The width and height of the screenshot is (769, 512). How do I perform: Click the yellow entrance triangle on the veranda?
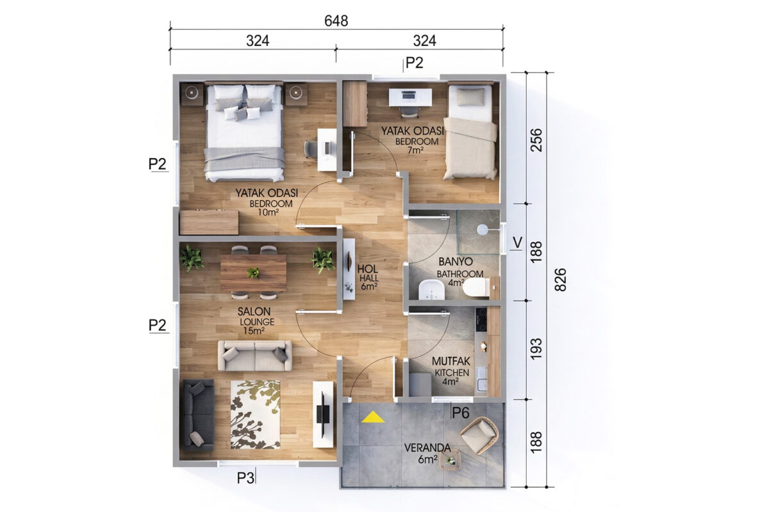pyautogui.click(x=373, y=417)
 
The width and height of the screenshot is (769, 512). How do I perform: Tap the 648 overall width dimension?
pyautogui.click(x=336, y=21)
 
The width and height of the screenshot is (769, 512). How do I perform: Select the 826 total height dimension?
pyautogui.click(x=560, y=280)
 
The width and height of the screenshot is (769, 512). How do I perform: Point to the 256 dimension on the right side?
pyautogui.click(x=536, y=140)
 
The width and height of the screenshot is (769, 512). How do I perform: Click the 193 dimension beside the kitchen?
pyautogui.click(x=536, y=349)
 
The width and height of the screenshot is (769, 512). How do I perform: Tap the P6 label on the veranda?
pyautogui.click(x=460, y=413)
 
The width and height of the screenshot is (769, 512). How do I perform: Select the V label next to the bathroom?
pyautogui.click(x=517, y=243)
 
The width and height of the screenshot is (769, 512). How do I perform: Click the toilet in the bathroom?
pyautogui.click(x=475, y=287)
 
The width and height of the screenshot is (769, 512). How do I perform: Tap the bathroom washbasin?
pyautogui.click(x=431, y=290)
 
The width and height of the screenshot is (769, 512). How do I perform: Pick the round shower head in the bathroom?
pyautogui.click(x=483, y=229)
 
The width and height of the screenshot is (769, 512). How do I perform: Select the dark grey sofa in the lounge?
pyautogui.click(x=199, y=415)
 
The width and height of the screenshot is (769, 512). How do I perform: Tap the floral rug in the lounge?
pyautogui.click(x=256, y=415)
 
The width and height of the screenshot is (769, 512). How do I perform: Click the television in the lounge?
pyautogui.click(x=323, y=415)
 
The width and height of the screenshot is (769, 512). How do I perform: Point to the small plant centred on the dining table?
pyautogui.click(x=253, y=273)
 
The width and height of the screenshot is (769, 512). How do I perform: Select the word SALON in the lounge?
pyautogui.click(x=254, y=312)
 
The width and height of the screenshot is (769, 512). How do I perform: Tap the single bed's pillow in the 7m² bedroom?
pyautogui.click(x=470, y=97)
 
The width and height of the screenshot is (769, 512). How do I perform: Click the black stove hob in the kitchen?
pyautogui.click(x=481, y=319)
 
